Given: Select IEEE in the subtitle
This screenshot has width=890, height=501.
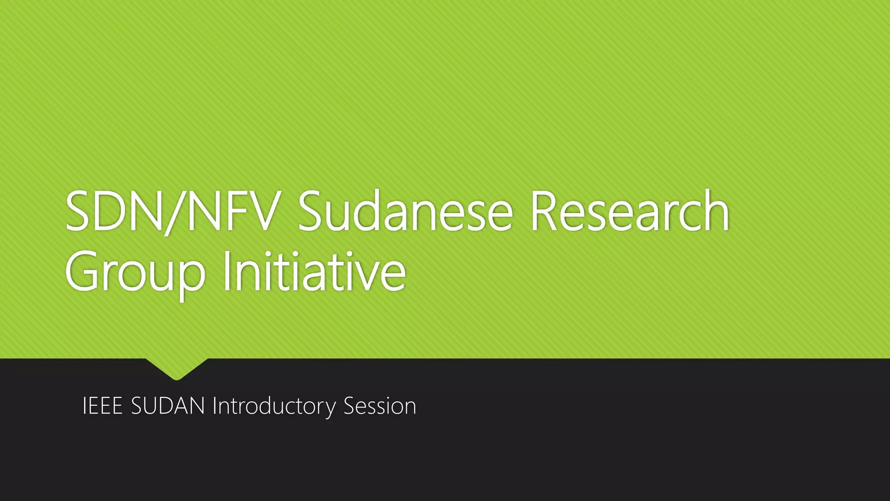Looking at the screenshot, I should pyautogui.click(x=102, y=406).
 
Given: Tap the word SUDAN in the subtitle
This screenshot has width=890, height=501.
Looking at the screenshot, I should pyautogui.click(x=168, y=406).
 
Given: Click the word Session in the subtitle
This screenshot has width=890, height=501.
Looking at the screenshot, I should pyautogui.click(x=380, y=406).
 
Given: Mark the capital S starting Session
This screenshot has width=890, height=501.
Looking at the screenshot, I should pyautogui.click(x=350, y=406).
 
